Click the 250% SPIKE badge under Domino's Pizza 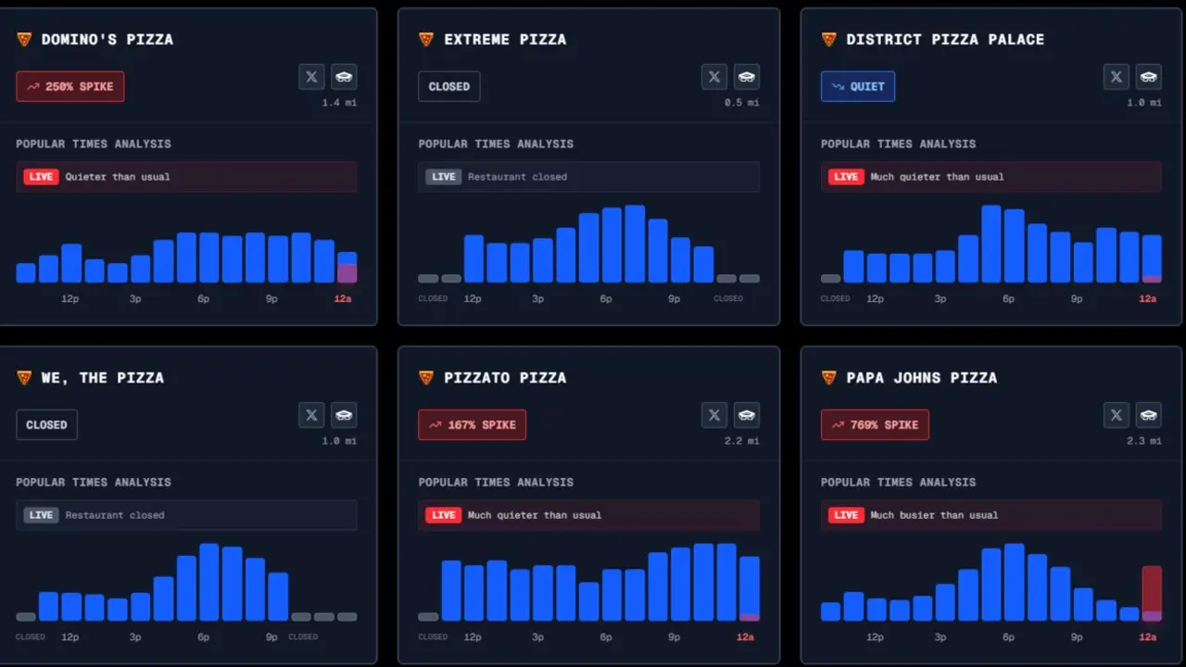(70, 87)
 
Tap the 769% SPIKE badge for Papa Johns (875, 425)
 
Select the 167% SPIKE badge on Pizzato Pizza (473, 425)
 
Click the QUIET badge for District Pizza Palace (858, 87)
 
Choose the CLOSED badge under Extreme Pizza (449, 87)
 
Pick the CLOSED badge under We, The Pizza (46, 425)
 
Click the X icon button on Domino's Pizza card (311, 77)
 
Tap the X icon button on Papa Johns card (1117, 415)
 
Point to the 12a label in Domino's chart (343, 299)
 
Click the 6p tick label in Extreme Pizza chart (606, 299)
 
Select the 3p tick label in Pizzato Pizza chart (538, 637)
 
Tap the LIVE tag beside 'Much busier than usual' (845, 515)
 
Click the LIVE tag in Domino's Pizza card (42, 177)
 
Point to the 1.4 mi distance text (339, 103)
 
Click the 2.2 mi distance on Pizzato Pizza (741, 441)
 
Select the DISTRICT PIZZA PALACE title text (945, 40)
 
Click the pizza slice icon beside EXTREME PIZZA (426, 40)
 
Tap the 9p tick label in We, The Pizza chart (271, 637)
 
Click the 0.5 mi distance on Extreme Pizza (741, 103)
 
